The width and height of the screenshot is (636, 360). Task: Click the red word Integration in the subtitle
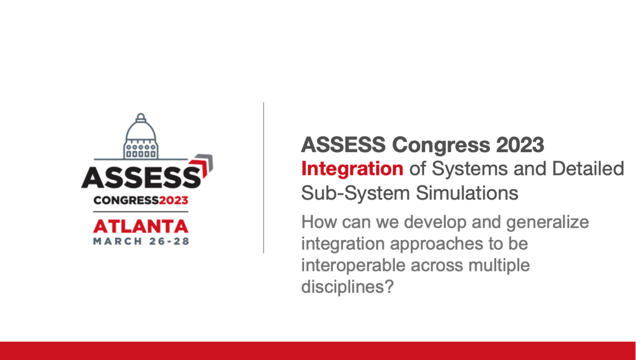click(x=352, y=169)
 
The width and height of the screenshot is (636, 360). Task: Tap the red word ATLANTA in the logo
click(x=141, y=226)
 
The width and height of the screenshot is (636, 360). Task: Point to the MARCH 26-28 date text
click(x=141, y=241)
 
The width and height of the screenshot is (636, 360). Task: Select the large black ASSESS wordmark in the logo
click(x=141, y=177)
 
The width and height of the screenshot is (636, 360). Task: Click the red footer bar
click(x=318, y=350)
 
